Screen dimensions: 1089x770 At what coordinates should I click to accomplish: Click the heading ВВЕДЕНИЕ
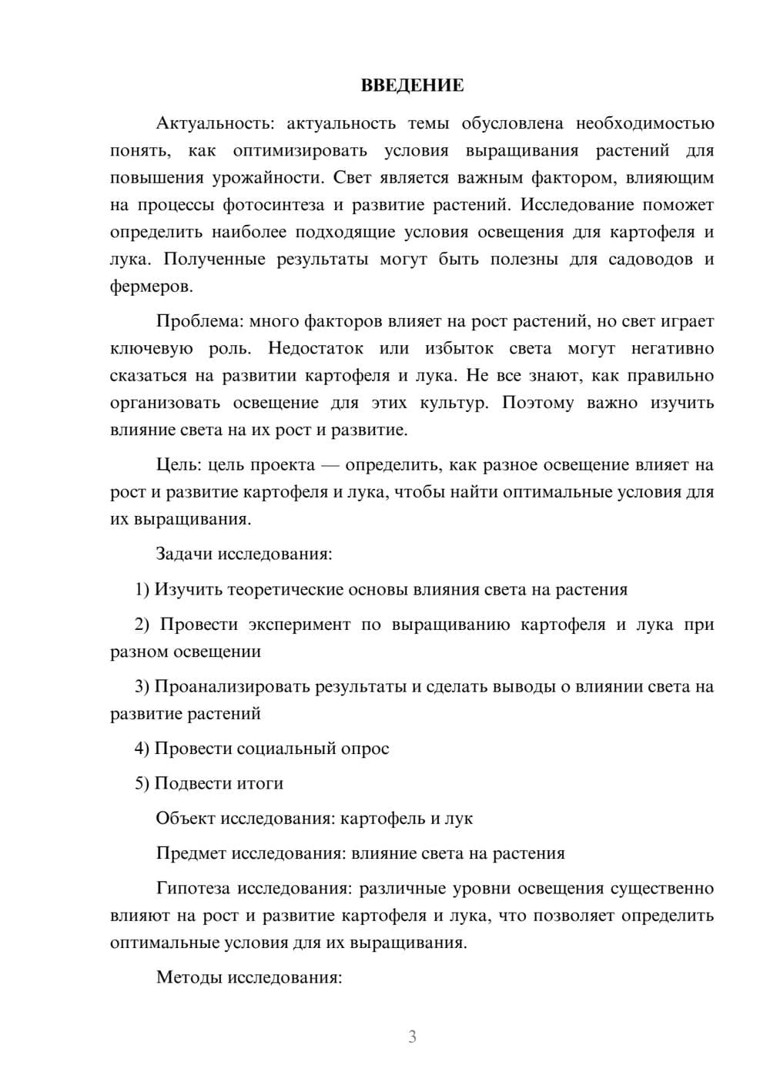[412, 85]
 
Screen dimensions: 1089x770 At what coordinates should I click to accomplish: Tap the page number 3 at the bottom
[412, 1037]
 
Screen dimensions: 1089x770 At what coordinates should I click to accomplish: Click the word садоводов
[650, 259]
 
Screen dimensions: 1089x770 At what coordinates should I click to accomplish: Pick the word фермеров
[149, 286]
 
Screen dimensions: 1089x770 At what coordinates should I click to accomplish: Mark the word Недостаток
[316, 348]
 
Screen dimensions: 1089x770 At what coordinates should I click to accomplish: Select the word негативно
[672, 348]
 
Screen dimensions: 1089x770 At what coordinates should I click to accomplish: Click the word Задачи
[184, 554]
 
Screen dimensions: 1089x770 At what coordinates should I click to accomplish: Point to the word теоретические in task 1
[277, 589]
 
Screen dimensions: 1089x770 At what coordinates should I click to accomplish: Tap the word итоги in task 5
[260, 783]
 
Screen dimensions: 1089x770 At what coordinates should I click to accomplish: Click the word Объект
[186, 818]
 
